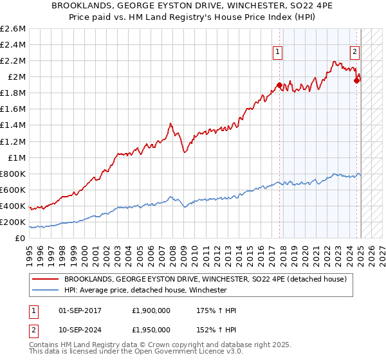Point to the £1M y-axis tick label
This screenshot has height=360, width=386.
click(17, 157)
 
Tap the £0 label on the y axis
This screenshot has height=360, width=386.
click(21, 238)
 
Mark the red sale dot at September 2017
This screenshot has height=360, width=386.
click(279, 85)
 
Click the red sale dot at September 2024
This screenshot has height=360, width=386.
click(356, 81)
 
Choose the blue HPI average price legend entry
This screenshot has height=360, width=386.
click(145, 291)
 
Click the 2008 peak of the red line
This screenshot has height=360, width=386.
click(170, 123)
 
